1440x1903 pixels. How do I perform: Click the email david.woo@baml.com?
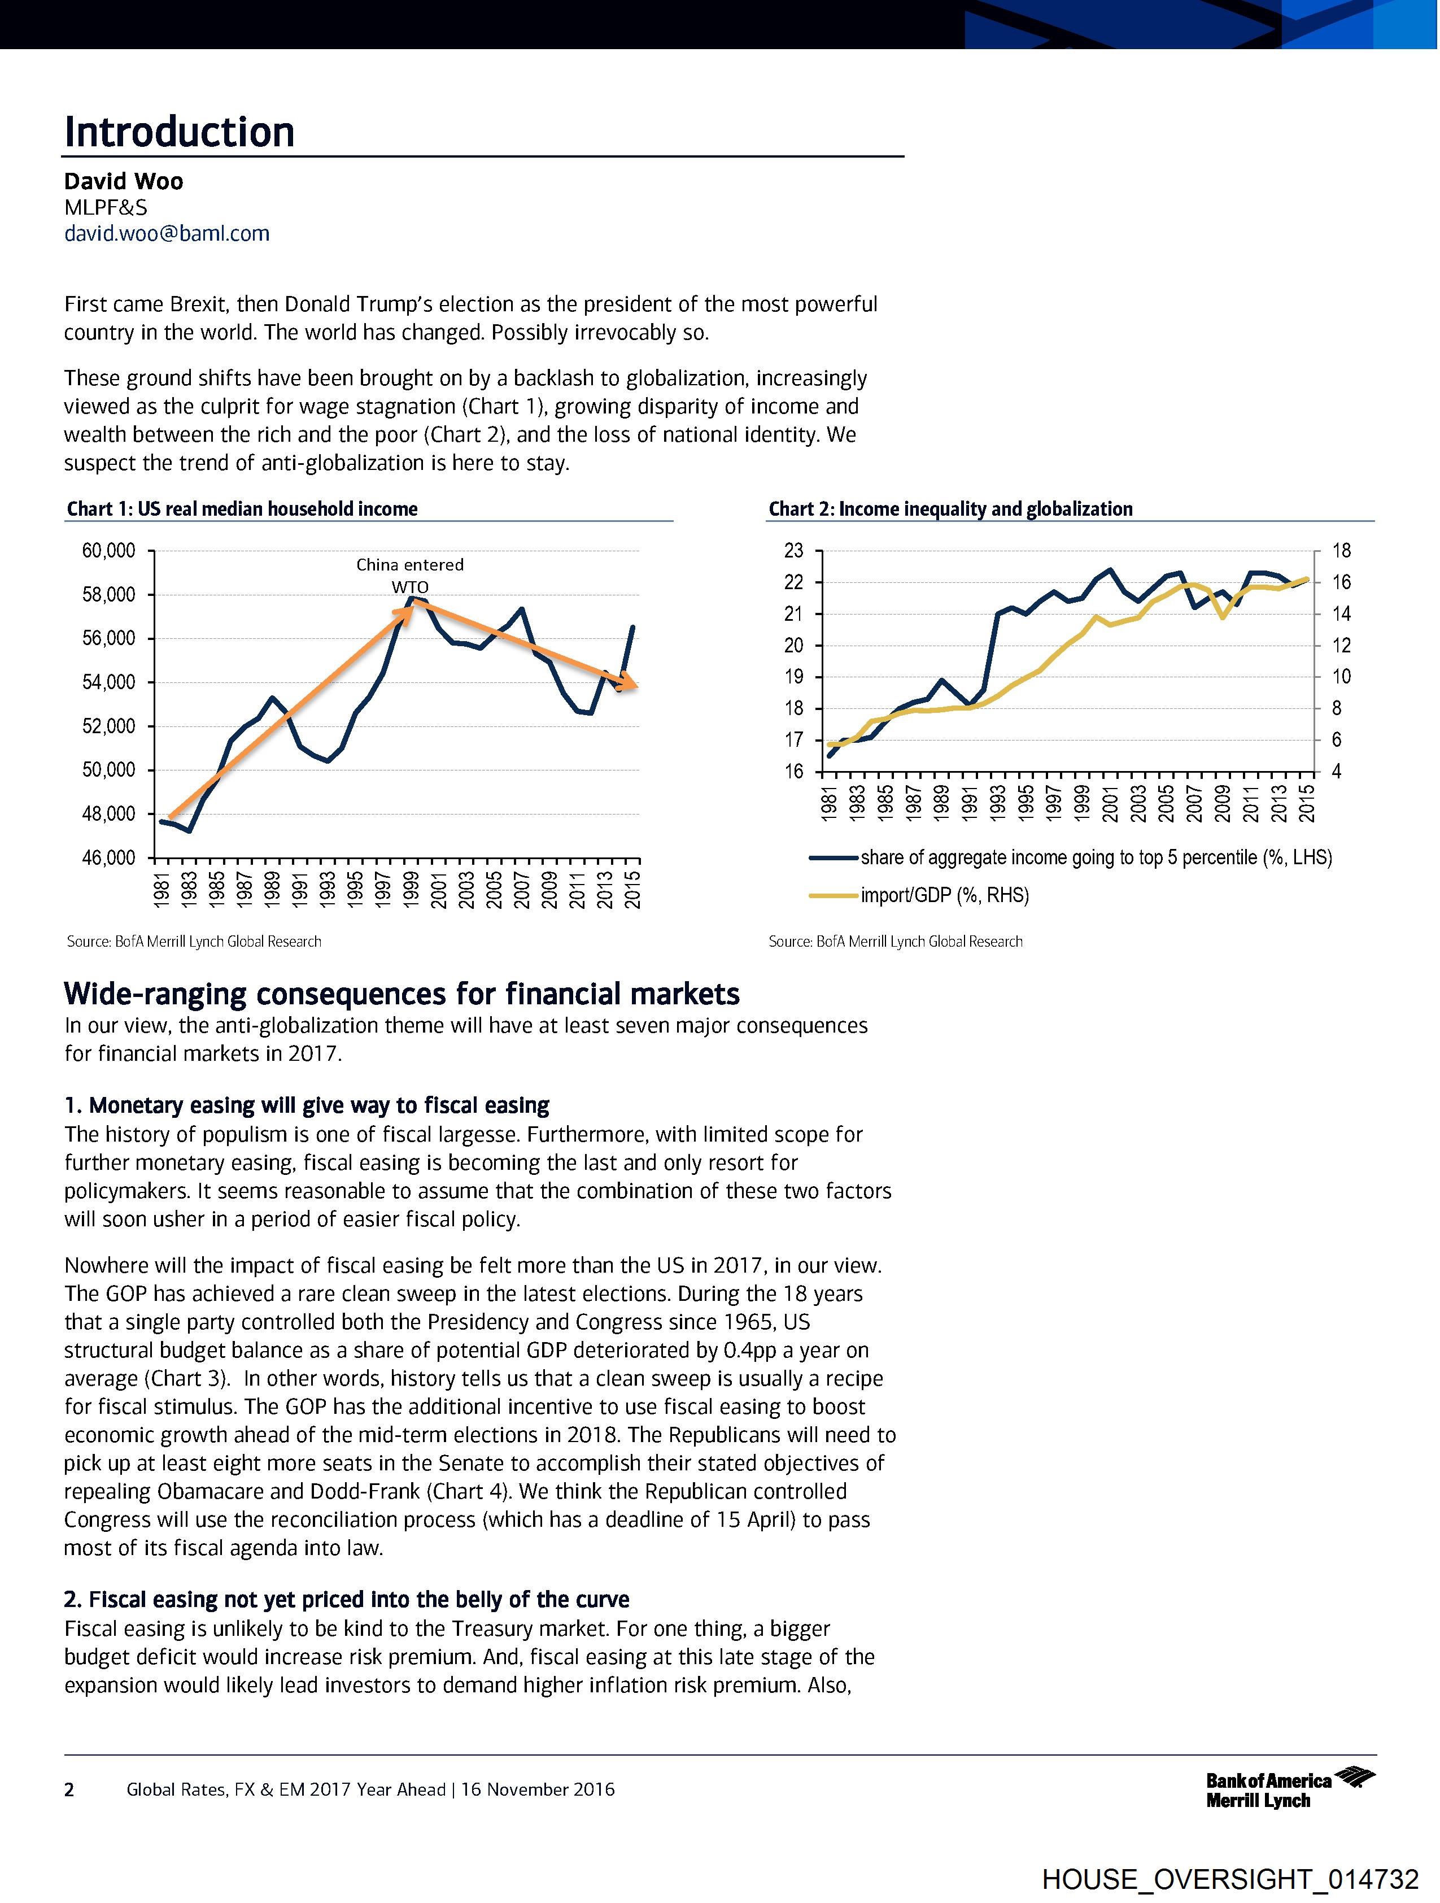167,233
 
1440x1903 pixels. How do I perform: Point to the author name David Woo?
123,181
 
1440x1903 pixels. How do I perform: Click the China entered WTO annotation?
411,574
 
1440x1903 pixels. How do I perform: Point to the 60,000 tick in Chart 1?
108,551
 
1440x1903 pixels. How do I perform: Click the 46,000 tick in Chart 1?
108,857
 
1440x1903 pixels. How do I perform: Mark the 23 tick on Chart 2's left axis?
793,551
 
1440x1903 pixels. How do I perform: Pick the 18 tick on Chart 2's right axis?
1341,551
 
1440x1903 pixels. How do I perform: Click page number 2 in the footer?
69,1790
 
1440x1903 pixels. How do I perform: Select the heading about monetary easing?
307,1105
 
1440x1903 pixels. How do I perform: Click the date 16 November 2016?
539,1790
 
